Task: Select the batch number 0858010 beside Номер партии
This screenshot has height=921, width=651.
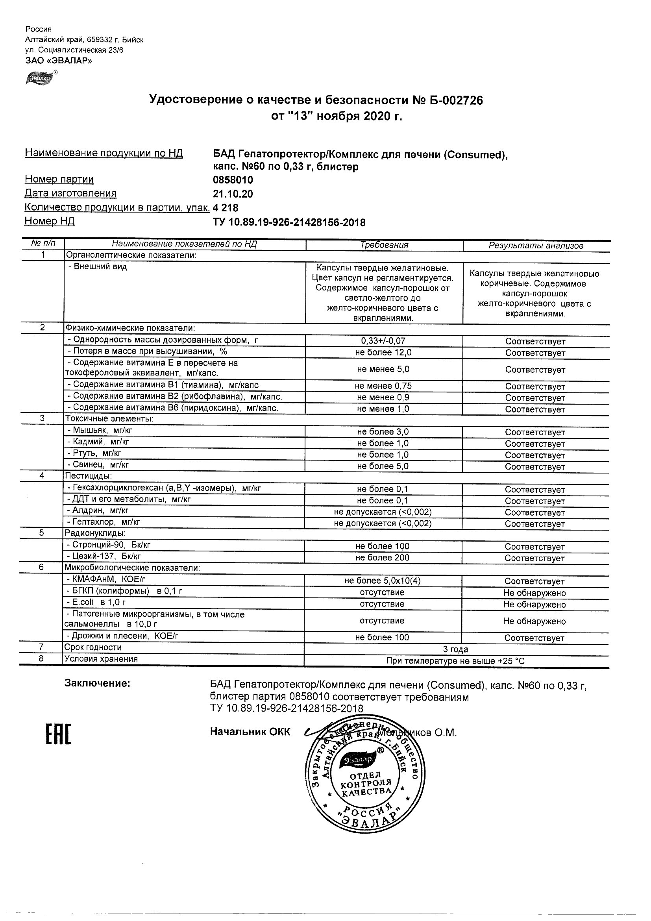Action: (233, 180)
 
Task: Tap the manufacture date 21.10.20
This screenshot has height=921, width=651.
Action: (233, 194)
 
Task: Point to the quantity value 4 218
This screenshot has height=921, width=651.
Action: (226, 208)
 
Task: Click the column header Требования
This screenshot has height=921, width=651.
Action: (384, 245)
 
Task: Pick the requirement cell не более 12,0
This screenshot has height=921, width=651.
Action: (384, 353)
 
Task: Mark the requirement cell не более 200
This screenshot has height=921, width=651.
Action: (382, 558)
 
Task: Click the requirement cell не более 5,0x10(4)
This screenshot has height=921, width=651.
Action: (383, 581)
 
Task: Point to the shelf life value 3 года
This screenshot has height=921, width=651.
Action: (455, 649)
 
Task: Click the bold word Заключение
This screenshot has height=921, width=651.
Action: (97, 684)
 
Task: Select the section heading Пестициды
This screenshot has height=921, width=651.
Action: (89, 476)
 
